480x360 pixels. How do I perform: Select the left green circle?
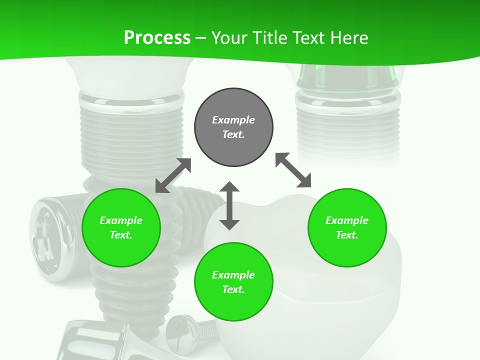(x=121, y=227)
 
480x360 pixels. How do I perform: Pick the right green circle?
(x=347, y=227)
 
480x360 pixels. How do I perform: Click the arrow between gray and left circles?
(x=173, y=175)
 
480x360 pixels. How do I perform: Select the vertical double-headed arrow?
(x=229, y=205)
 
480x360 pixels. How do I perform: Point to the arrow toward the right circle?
(x=293, y=170)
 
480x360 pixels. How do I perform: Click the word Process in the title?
(x=157, y=37)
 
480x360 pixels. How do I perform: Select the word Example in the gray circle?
(x=233, y=120)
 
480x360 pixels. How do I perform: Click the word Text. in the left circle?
(x=121, y=235)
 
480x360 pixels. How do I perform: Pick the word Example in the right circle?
(x=347, y=220)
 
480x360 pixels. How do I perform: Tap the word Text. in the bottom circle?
(x=233, y=289)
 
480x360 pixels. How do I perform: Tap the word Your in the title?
(x=229, y=37)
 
